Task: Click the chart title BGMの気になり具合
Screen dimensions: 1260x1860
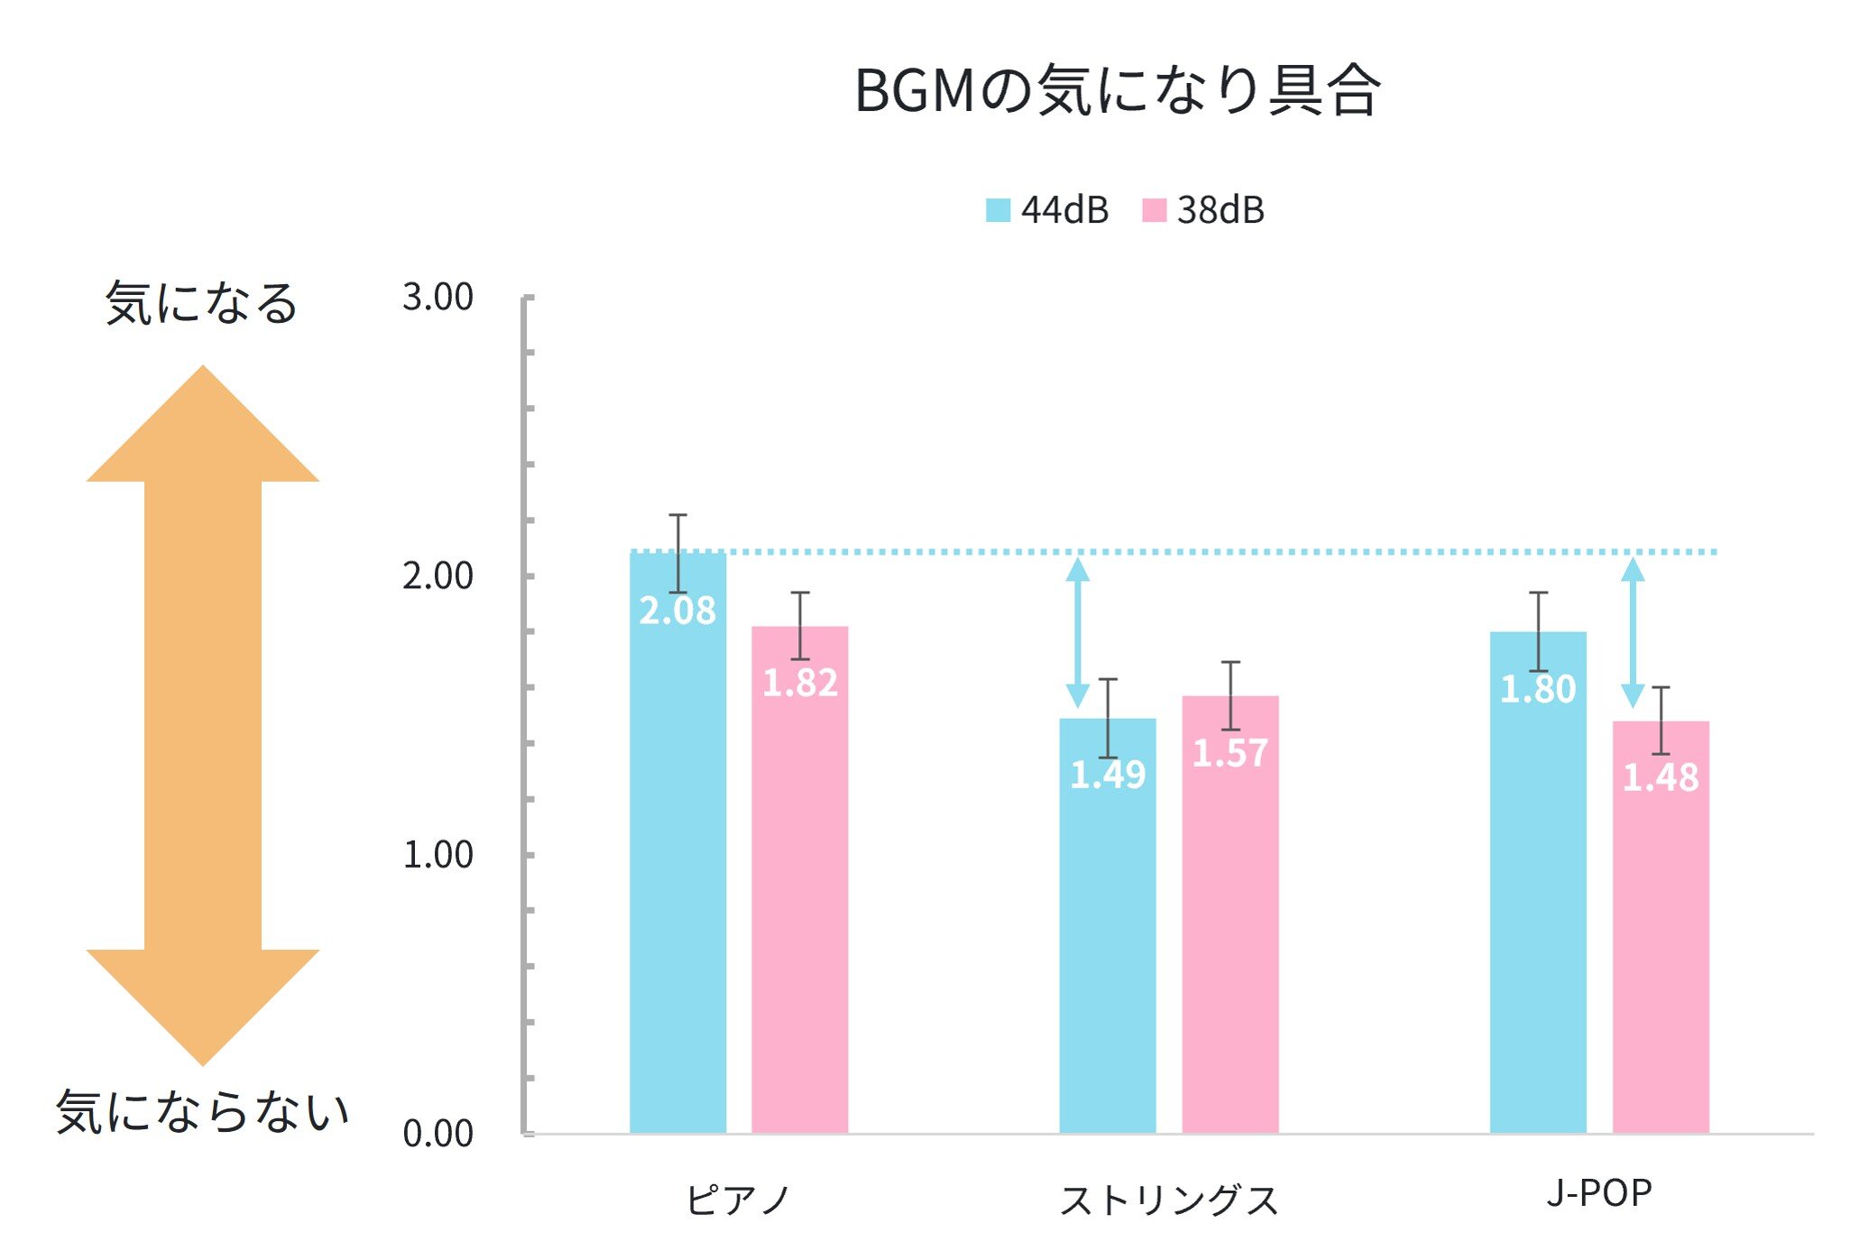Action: click(1117, 90)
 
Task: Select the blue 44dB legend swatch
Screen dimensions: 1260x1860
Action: click(998, 210)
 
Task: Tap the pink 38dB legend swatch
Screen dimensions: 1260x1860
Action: click(1154, 210)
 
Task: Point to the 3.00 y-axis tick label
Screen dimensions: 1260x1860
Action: click(437, 297)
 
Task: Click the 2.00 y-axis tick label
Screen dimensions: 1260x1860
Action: click(437, 575)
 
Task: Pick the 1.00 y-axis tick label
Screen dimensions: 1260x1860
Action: click(437, 854)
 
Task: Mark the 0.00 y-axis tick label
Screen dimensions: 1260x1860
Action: click(437, 1133)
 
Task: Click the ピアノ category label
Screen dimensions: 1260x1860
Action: click(738, 1200)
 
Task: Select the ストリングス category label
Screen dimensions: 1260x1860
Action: click(1169, 1200)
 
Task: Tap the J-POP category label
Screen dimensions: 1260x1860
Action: click(1598, 1193)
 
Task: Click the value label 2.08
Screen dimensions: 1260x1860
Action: click(677, 612)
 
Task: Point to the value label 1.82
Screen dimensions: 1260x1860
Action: click(800, 683)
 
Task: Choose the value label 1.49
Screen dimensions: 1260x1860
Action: click(1108, 775)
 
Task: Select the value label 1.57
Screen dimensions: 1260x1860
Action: click(1230, 753)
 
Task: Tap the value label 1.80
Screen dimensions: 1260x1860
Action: click(1538, 690)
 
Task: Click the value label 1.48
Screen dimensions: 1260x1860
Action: click(1661, 777)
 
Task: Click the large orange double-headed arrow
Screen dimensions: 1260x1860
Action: click(203, 714)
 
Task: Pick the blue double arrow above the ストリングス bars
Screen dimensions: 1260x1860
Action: click(1077, 632)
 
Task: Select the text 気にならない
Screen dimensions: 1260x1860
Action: click(203, 1111)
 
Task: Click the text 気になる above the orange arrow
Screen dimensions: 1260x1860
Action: click(201, 303)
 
